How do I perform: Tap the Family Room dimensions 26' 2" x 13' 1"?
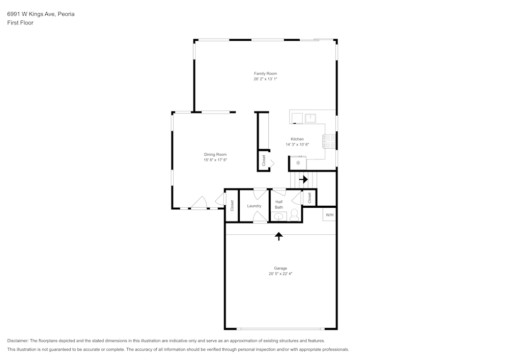click(x=265, y=79)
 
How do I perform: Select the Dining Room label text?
click(x=215, y=154)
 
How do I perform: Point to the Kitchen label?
click(x=297, y=139)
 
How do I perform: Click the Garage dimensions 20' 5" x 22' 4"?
click(x=280, y=274)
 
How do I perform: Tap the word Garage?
click(x=280, y=268)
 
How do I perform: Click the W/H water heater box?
click(x=329, y=215)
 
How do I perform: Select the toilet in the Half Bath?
click(x=294, y=215)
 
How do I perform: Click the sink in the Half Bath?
click(x=278, y=217)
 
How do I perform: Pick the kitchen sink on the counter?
click(x=310, y=118)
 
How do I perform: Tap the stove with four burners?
click(x=329, y=141)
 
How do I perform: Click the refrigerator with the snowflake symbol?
click(x=298, y=163)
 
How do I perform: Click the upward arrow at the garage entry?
click(x=279, y=236)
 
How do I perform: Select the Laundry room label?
click(x=254, y=206)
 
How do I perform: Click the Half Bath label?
click(x=279, y=204)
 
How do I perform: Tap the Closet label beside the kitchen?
click(x=264, y=160)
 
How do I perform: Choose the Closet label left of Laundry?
click(x=232, y=206)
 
